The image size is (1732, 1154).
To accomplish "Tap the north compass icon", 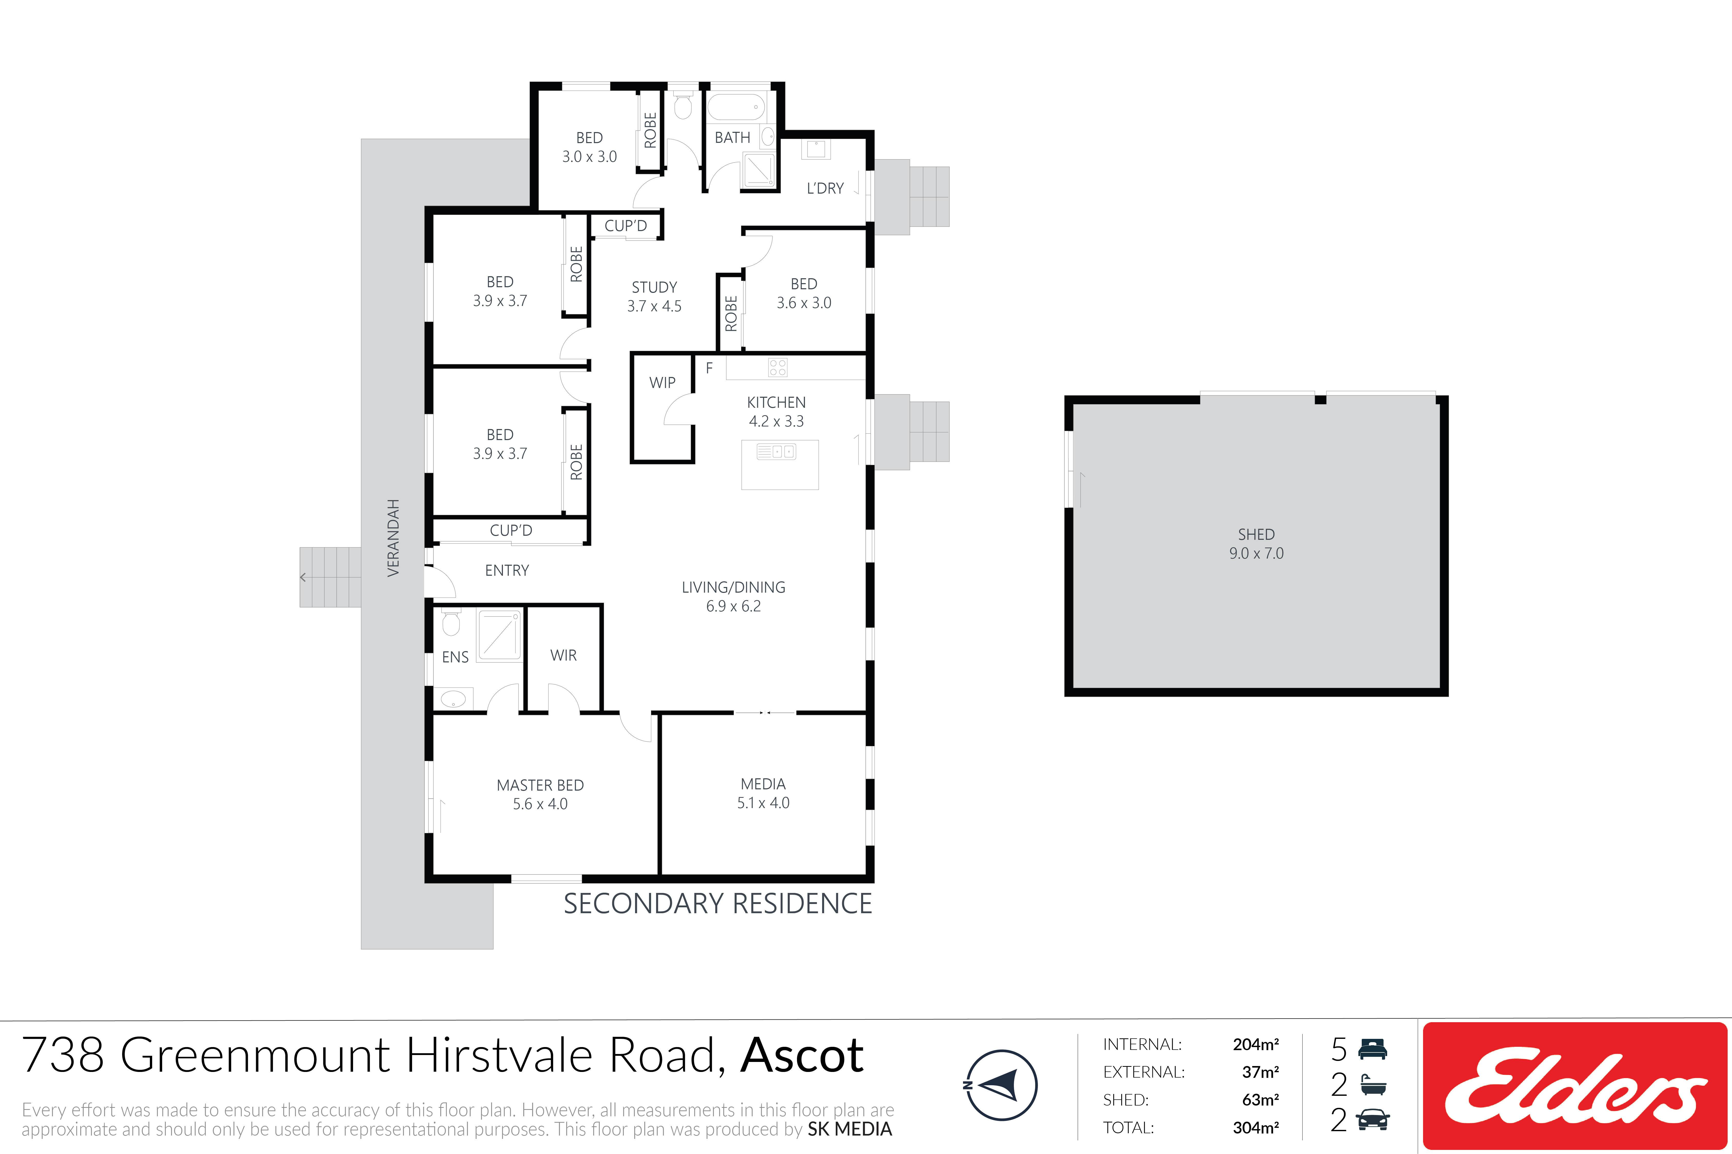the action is tap(1001, 1085).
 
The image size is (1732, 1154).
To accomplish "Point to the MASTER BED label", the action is tap(540, 785).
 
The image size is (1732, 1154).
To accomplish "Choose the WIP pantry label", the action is tap(662, 383).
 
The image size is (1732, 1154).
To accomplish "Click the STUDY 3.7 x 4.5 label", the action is tap(654, 297).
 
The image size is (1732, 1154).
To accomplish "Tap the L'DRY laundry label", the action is tap(825, 188).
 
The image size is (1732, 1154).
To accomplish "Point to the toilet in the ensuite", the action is tap(451, 622).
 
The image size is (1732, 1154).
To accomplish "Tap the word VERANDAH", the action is tap(393, 538).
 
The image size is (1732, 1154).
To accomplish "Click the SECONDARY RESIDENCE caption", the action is tap(718, 904).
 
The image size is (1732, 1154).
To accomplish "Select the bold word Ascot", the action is tap(802, 1055).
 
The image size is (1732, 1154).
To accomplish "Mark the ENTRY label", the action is tap(507, 570).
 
